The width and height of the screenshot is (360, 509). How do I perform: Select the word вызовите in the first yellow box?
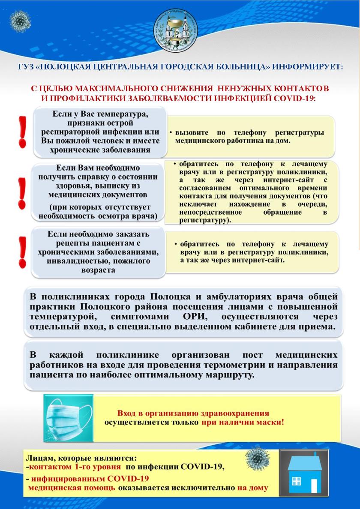click(x=189, y=132)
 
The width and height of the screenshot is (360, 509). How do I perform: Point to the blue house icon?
click(x=305, y=473)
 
